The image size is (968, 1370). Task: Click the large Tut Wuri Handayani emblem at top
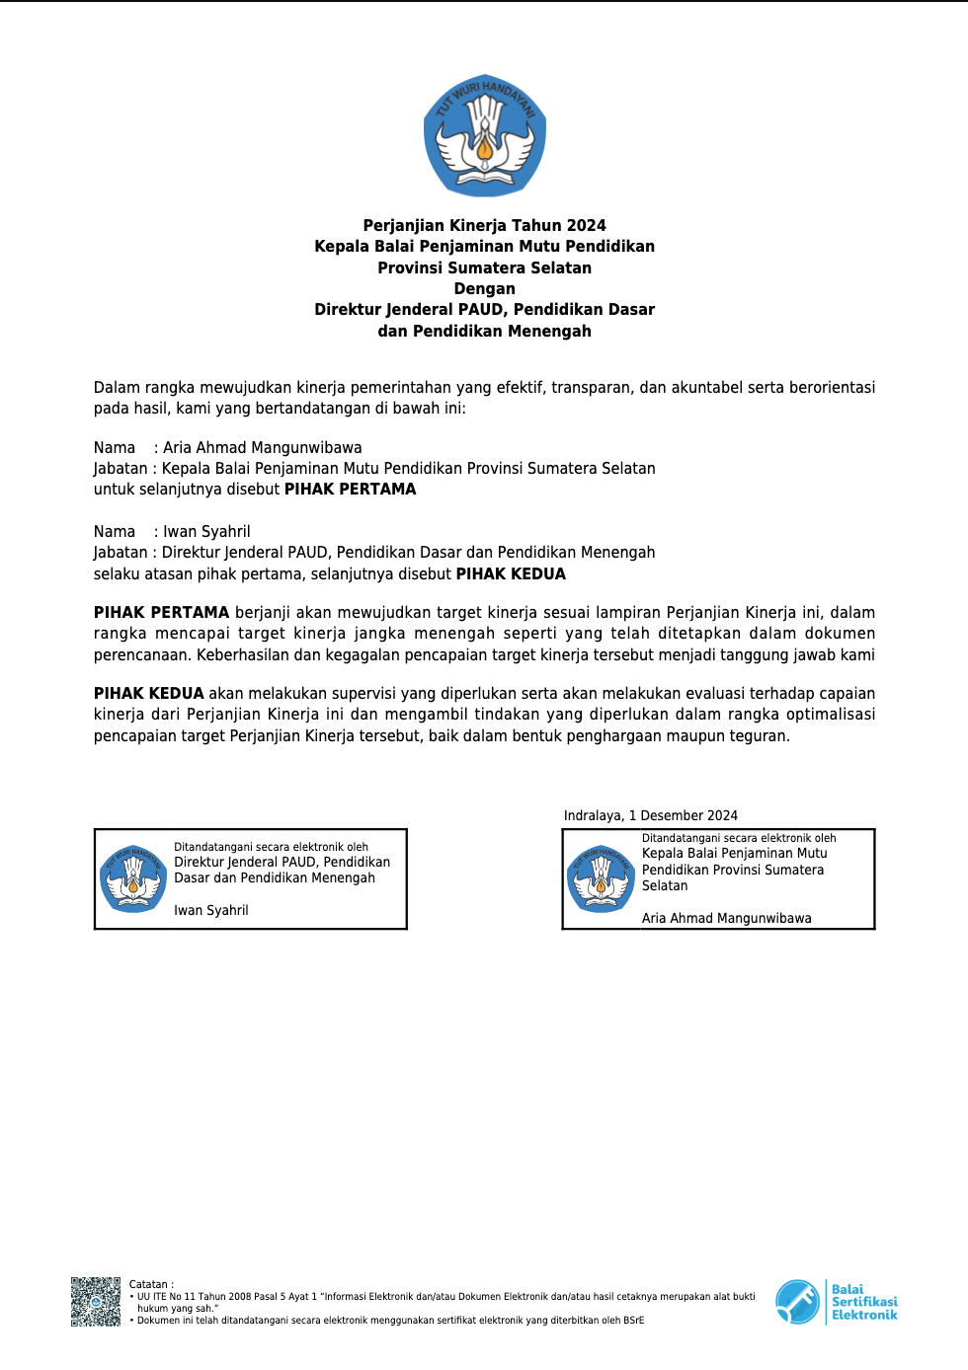click(x=484, y=135)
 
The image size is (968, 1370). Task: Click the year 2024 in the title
click(x=586, y=226)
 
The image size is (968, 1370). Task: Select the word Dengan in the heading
click(x=484, y=289)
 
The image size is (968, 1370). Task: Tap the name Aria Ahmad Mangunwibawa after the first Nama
click(x=262, y=448)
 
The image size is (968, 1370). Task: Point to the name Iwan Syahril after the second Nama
click(x=206, y=532)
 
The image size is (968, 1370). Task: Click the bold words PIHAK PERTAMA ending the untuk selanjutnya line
click(x=350, y=490)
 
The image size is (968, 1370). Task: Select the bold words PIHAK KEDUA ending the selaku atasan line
click(x=511, y=574)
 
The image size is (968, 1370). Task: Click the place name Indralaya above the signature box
click(x=593, y=816)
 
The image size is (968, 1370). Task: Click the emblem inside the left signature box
click(x=133, y=877)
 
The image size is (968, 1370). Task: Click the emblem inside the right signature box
click(x=601, y=877)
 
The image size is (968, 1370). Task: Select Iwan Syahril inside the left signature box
click(x=211, y=911)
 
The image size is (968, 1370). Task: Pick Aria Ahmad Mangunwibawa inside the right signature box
click(x=726, y=919)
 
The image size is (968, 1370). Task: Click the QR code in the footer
click(x=96, y=1302)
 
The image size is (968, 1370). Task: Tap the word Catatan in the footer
click(x=148, y=1285)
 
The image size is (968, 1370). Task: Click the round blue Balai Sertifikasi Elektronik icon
click(x=797, y=1302)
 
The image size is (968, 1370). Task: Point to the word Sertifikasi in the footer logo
click(x=864, y=1302)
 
